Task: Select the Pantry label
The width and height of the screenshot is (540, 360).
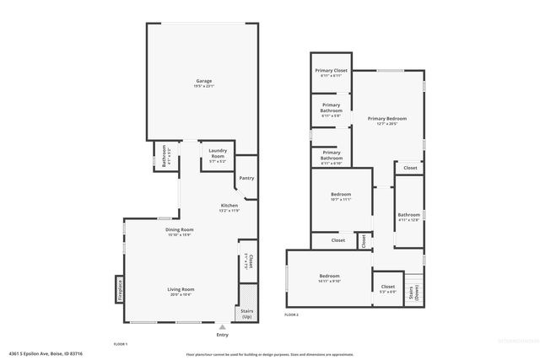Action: pos(246,178)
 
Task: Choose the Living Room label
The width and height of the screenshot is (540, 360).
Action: pos(181,292)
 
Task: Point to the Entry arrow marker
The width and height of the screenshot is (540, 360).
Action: pos(222,327)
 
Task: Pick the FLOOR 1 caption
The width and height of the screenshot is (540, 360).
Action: pos(121,344)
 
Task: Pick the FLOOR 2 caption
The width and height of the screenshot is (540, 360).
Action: pos(291,314)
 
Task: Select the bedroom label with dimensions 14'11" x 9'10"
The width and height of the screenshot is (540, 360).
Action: pos(329,279)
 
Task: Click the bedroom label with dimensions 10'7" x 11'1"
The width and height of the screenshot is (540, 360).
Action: pos(341,198)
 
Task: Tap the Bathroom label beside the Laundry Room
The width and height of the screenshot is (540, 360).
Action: pos(164,156)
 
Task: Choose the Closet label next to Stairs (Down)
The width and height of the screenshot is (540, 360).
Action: pos(388,289)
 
